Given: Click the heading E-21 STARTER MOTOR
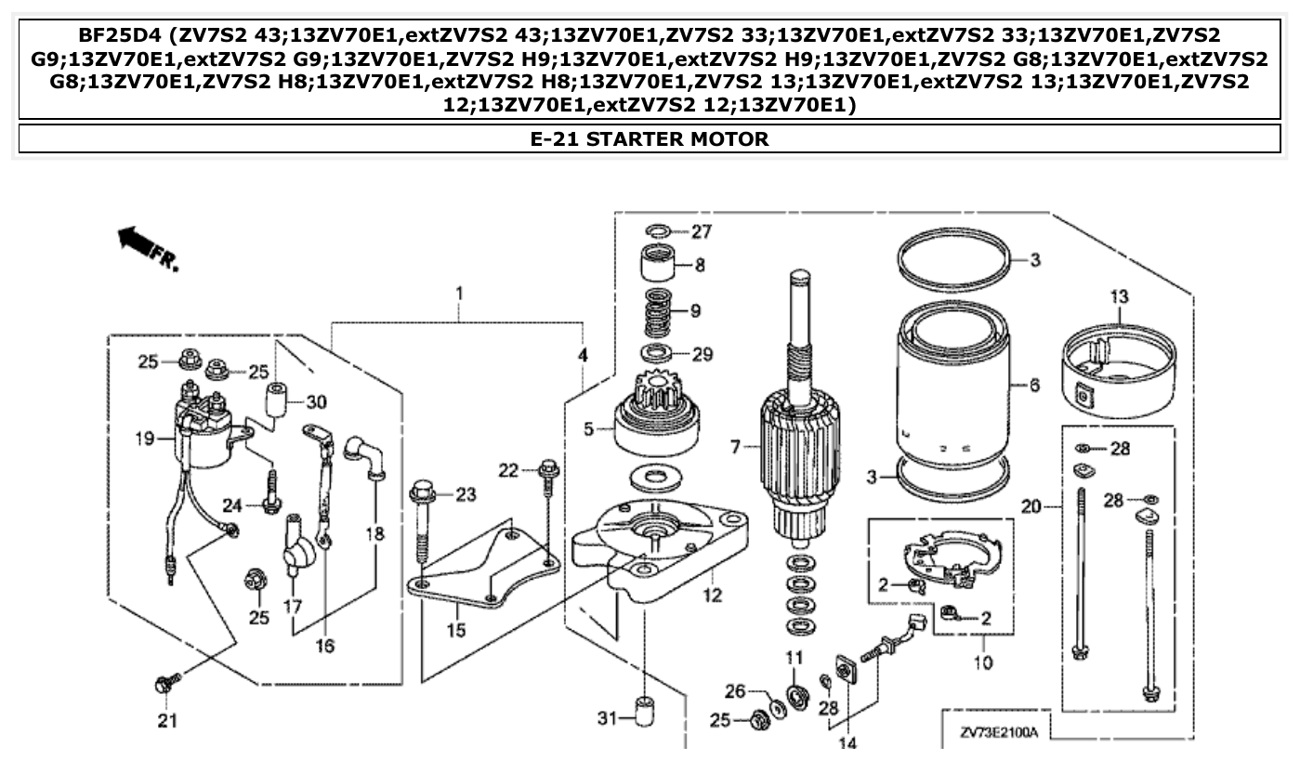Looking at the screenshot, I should [x=650, y=139].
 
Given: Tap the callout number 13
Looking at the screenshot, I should [x=1119, y=297].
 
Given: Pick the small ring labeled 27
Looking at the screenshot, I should [x=657, y=229].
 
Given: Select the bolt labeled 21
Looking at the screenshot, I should [x=165, y=687].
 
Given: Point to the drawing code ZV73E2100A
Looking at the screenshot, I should [x=999, y=732].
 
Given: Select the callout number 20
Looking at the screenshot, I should [x=1029, y=506].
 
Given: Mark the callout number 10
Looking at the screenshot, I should [x=982, y=662].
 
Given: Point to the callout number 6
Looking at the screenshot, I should [x=1034, y=386].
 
